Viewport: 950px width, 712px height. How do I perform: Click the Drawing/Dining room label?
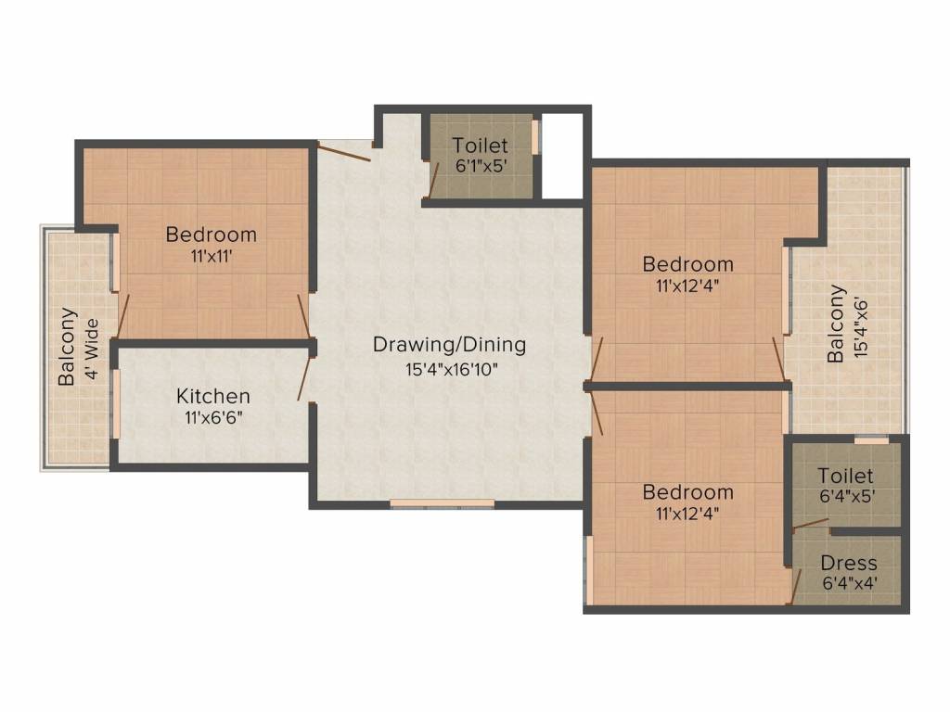click(x=449, y=345)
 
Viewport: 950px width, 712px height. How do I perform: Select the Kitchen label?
click(x=213, y=397)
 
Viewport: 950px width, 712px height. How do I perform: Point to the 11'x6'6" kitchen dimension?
click(x=213, y=417)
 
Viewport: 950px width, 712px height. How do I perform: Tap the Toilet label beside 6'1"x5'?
click(x=480, y=146)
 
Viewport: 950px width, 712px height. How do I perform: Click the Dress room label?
click(x=849, y=564)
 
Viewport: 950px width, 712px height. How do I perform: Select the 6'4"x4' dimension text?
click(x=849, y=584)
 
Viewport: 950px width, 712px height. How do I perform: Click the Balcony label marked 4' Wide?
click(x=68, y=346)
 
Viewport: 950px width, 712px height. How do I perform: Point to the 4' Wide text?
click(x=91, y=346)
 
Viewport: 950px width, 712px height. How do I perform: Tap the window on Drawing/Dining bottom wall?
click(x=429, y=503)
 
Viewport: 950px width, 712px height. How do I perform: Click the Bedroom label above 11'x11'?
click(x=211, y=235)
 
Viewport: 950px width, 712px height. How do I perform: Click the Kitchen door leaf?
click(x=305, y=376)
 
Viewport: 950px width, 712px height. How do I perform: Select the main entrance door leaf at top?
click(x=343, y=152)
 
